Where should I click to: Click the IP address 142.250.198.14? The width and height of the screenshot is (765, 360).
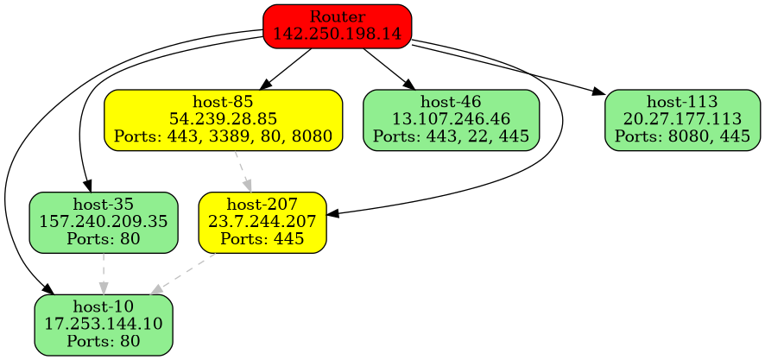337,34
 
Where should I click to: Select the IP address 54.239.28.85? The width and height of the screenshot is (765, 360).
223,119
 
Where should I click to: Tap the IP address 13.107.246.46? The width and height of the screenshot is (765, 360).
452,119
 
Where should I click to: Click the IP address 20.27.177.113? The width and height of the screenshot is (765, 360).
682,119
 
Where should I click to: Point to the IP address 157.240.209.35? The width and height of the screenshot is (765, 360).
104,222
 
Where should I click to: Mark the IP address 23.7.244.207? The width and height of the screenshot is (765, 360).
262,222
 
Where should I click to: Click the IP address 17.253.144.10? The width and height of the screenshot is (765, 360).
104,325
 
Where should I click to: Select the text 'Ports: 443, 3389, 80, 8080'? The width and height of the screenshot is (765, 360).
223,136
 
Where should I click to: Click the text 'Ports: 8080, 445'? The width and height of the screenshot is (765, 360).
682,136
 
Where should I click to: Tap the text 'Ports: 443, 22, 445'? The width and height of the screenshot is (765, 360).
452,136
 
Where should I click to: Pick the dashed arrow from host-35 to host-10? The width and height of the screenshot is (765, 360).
104,272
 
